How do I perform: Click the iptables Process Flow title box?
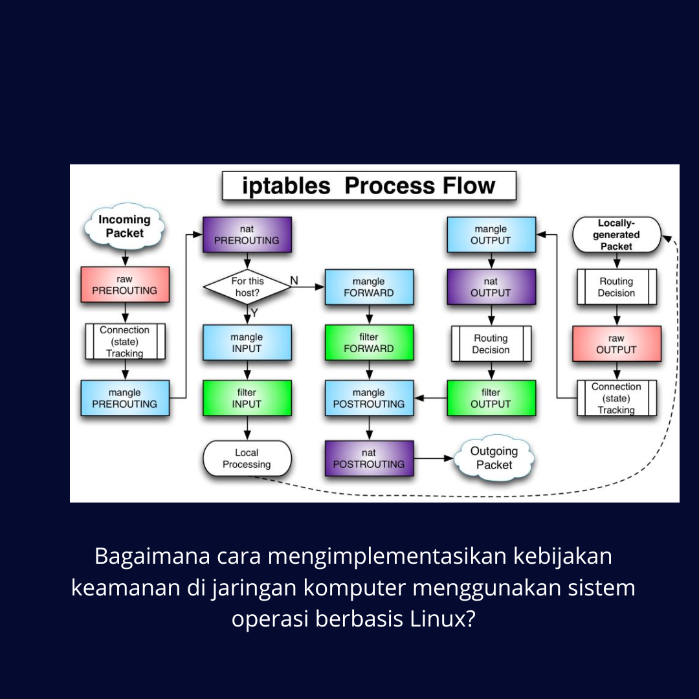369,186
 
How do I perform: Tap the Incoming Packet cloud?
124,226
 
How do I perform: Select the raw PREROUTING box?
125,284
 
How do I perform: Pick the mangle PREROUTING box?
125,398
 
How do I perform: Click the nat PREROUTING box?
247,234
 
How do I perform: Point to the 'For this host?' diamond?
247,287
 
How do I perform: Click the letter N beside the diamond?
294,280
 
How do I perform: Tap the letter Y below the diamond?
254,313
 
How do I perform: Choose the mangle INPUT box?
247,342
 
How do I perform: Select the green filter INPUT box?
247,398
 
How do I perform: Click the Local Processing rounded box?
247,458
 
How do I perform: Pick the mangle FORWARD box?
369,287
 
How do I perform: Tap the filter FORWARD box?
369,342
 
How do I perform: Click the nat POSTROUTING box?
369,458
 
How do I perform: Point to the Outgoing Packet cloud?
494,458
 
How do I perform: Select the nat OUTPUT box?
491,287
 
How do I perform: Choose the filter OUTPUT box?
491,398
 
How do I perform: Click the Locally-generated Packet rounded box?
617,234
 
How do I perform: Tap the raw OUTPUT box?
617,344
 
